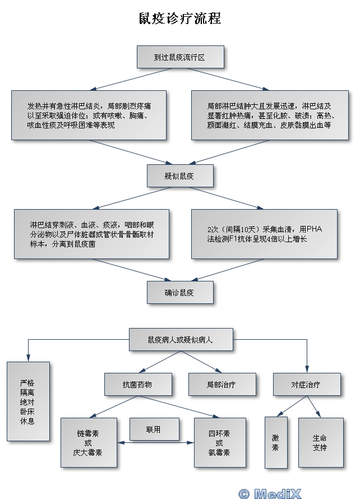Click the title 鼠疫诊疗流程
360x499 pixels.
pos(180,19)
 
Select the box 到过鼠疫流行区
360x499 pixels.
pos(180,57)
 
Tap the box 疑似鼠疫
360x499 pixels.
pos(180,175)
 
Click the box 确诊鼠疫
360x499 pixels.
pos(180,292)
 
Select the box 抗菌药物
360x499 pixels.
pos(137,385)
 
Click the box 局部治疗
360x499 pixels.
pos(221,385)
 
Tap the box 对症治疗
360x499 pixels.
pos(306,385)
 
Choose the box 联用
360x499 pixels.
pos(154,429)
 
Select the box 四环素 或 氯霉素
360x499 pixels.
pos(219,443)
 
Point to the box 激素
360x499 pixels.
pos(276,442)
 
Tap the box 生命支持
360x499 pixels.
pos(320,442)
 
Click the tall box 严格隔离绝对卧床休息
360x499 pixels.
pos(27,400)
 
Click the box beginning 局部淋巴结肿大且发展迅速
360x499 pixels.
pos(269,115)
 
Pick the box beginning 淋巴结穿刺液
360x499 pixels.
pos(91,234)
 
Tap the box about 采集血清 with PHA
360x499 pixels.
pos(264,234)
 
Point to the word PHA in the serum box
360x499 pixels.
pos(315,229)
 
